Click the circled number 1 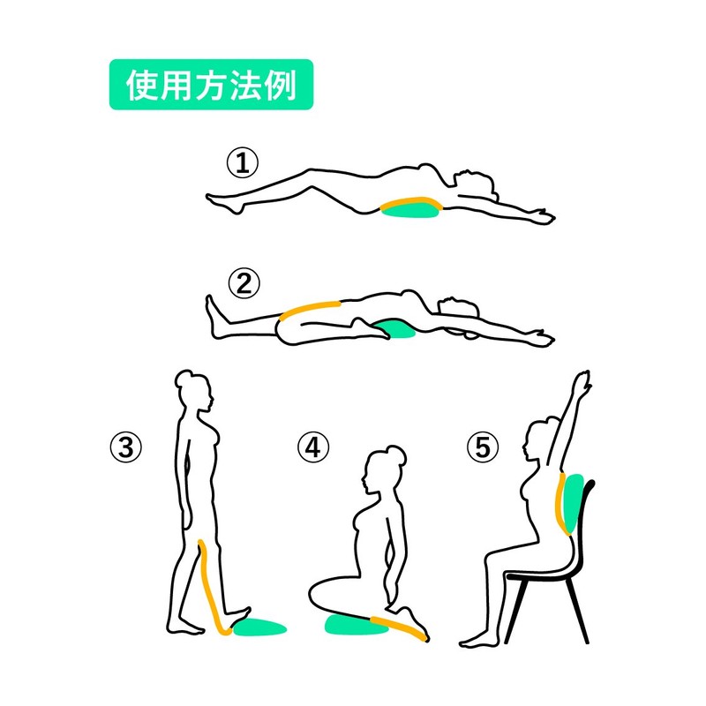(x=242, y=163)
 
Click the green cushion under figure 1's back (x=411, y=209)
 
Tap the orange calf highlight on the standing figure (x=210, y=587)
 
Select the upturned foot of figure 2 (x=212, y=309)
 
